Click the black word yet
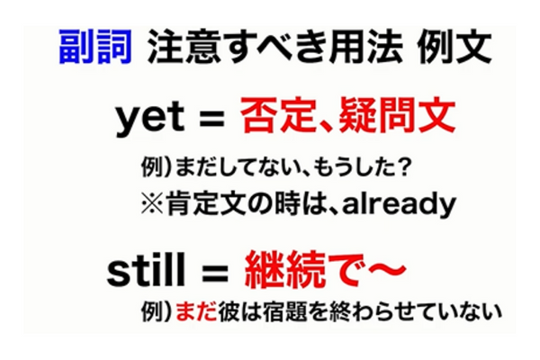(147, 118)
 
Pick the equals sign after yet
(211, 118)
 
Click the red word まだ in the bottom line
(191, 311)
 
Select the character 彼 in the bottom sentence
(222, 311)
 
